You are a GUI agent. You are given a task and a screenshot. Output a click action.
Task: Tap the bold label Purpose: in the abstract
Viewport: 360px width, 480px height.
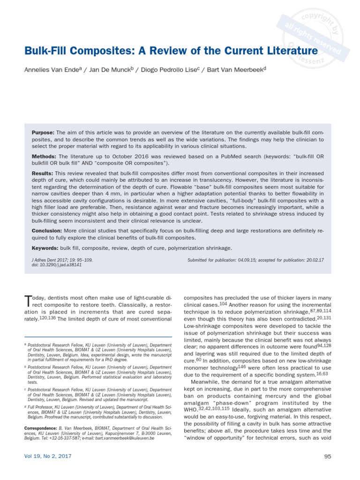click(43, 133)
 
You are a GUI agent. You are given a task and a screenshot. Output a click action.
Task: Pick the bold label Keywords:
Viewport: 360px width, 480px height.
click(45, 248)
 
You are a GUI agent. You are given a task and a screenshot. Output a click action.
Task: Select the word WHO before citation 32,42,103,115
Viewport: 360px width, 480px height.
click(191, 409)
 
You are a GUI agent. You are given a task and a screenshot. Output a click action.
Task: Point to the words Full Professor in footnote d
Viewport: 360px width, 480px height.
click(40, 407)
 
